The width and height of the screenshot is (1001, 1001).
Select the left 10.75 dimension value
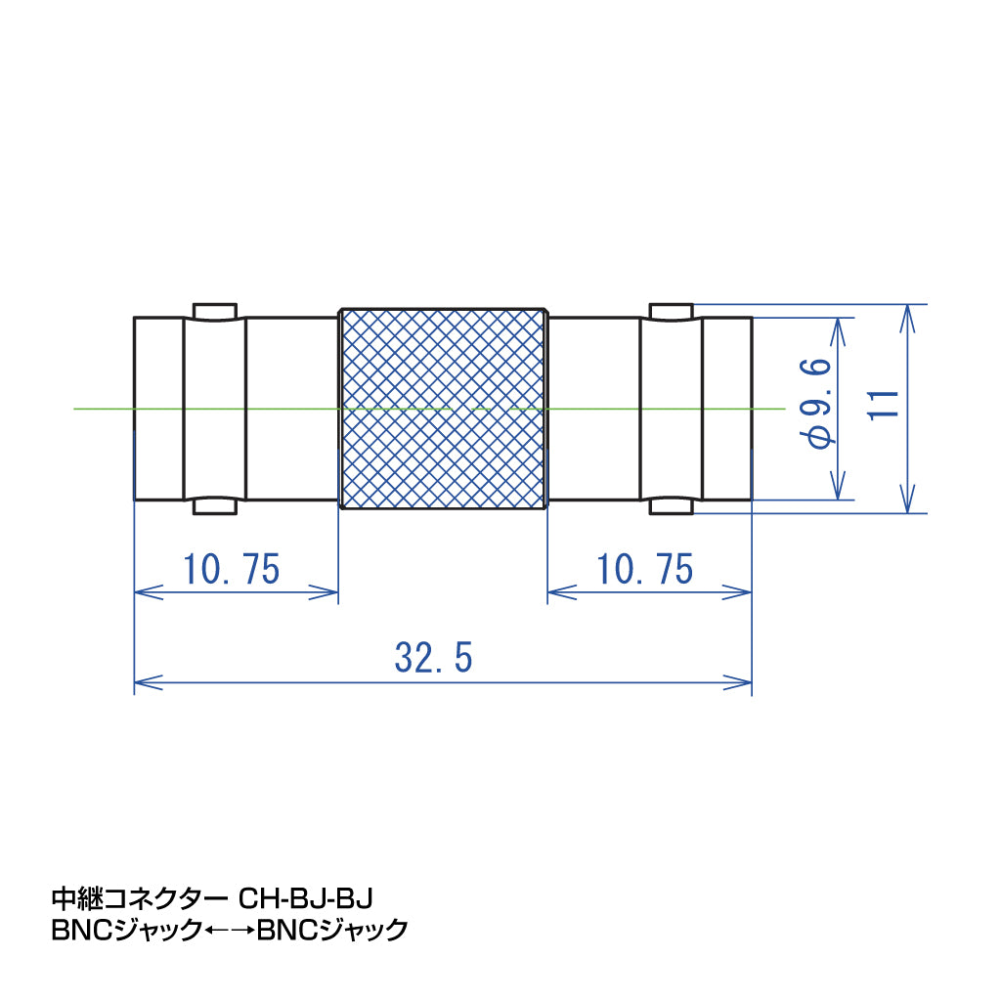[232, 569]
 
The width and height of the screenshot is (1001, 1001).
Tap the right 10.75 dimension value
[645, 569]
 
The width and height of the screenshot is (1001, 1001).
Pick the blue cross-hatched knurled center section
[442, 408]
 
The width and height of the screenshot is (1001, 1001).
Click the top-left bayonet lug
[214, 311]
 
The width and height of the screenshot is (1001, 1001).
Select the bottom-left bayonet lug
[214, 505]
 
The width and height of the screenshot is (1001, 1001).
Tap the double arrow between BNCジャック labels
[231, 930]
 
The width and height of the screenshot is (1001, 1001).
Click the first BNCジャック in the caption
[127, 930]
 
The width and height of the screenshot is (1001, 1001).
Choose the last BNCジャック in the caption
[332, 930]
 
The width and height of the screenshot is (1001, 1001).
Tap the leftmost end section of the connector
[158, 408]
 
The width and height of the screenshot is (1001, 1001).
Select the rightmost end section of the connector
[726, 408]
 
